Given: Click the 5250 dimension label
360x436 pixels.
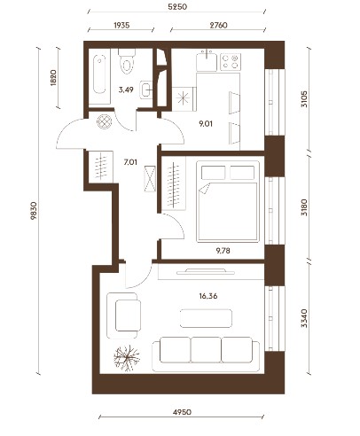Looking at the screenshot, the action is [x=177, y=6].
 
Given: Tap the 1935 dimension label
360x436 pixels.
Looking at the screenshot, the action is [x=121, y=26].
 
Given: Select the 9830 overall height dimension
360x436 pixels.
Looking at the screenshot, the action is [x=34, y=211].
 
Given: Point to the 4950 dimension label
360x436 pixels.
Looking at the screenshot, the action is [x=182, y=412].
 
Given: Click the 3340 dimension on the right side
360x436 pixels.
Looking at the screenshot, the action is [x=304, y=318].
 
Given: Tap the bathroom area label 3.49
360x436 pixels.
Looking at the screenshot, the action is [x=126, y=90].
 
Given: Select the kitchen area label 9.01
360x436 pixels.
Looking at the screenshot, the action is [x=206, y=124].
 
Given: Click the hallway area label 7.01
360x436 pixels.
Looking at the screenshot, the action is [x=130, y=162].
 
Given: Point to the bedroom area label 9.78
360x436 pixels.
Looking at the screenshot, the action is [x=223, y=251].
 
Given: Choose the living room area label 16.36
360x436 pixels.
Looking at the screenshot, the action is [x=208, y=296].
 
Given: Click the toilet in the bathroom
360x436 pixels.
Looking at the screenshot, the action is [x=127, y=61].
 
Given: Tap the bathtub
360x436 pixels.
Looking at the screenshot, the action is [x=99, y=76].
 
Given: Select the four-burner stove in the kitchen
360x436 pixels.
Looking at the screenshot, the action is [x=231, y=62].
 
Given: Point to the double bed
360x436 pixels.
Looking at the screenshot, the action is [x=228, y=201].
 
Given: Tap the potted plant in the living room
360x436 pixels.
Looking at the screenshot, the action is [x=127, y=359].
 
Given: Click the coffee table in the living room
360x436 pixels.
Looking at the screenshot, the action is [x=206, y=318].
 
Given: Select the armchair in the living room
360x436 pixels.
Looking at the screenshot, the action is [x=123, y=315].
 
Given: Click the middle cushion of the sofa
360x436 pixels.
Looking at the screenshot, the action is [x=206, y=350].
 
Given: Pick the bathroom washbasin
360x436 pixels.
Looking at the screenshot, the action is [x=146, y=90].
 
